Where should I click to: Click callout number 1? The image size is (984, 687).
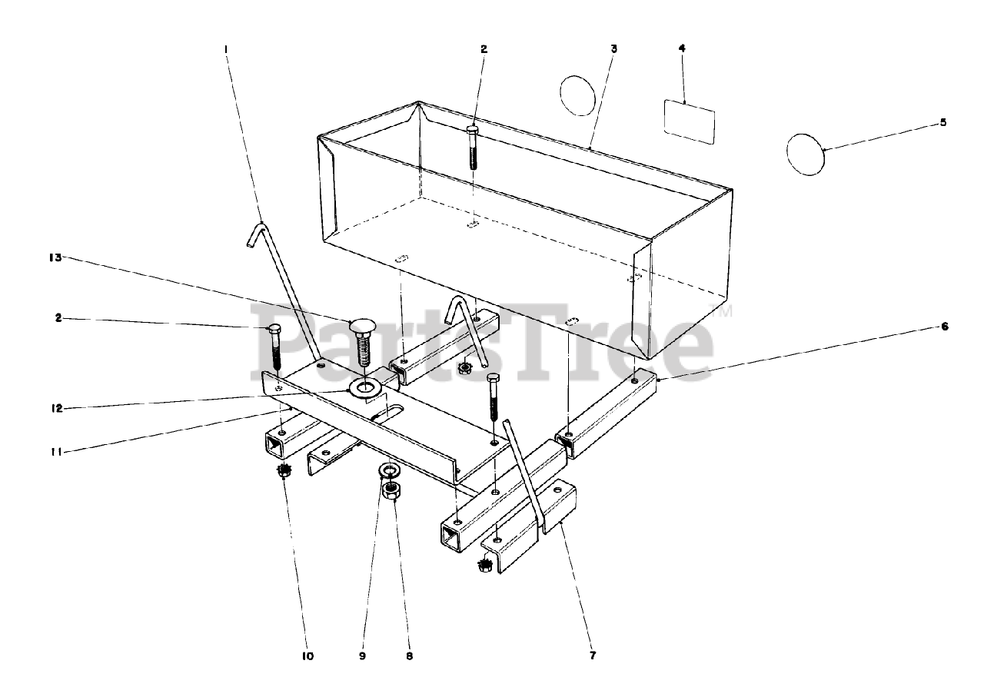[226, 48]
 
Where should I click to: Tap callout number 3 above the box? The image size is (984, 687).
[613, 48]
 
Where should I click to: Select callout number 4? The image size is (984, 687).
[682, 48]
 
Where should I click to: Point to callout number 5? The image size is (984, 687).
[943, 122]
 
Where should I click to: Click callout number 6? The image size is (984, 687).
[945, 326]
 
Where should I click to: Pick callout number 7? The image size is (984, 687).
[592, 655]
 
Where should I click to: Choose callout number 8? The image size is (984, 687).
[408, 656]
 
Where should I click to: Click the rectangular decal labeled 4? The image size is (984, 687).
[690, 120]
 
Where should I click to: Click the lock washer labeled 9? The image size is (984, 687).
[390, 470]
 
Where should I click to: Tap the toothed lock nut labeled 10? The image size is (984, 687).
[284, 470]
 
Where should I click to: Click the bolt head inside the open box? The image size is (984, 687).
[473, 130]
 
